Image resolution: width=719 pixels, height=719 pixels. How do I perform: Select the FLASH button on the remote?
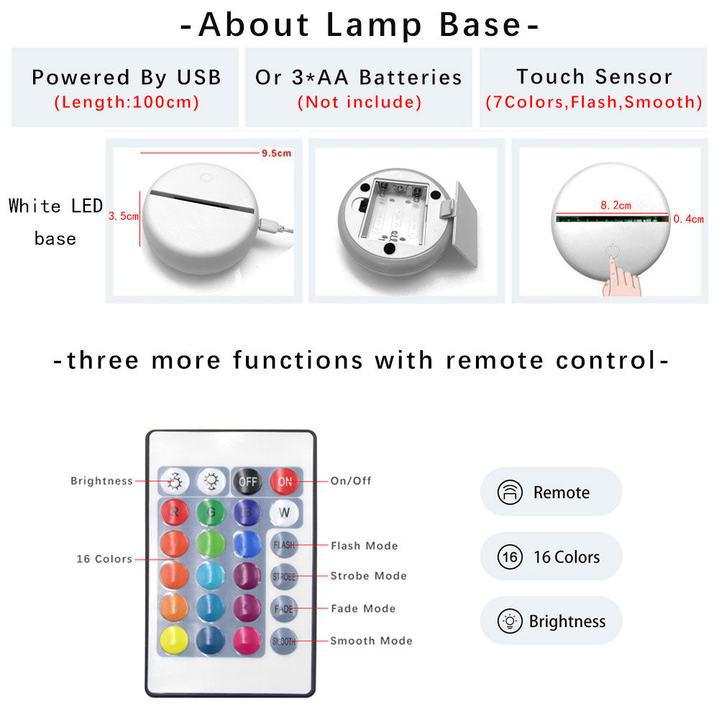click(284, 546)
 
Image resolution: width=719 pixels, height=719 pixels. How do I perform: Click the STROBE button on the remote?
click(284, 577)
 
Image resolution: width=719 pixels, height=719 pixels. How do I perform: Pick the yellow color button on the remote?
click(173, 641)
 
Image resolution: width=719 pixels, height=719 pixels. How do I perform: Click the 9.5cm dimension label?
click(276, 152)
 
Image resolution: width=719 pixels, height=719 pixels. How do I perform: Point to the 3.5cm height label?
click(122, 216)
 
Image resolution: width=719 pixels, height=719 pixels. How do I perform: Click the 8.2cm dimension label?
click(611, 205)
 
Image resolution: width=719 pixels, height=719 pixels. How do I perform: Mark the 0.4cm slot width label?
click(688, 219)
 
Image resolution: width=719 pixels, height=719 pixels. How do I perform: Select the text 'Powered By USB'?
click(127, 78)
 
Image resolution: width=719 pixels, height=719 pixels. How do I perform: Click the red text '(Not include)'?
click(359, 102)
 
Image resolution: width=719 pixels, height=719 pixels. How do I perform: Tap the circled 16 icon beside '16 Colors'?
click(509, 557)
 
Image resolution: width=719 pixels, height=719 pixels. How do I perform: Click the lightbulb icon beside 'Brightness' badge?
click(509, 621)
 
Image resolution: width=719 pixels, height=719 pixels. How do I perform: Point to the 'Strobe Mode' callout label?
click(368, 576)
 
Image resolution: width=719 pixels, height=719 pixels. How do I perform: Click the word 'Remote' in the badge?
click(561, 493)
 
